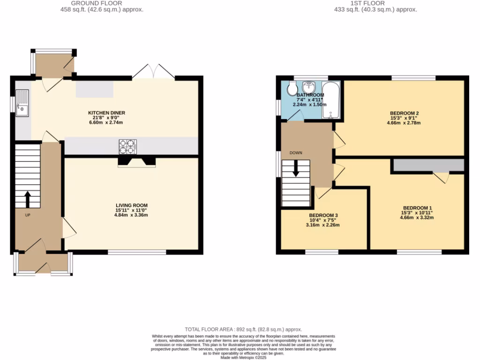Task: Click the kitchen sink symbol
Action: (x=22, y=103)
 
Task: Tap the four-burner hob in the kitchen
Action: (x=127, y=147)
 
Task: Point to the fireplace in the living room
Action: (x=136, y=162)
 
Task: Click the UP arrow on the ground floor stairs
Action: (x=27, y=199)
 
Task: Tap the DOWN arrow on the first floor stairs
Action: (x=295, y=168)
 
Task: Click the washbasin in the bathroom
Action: (x=309, y=87)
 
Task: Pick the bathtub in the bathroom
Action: (x=330, y=98)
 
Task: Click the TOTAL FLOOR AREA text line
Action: (x=243, y=330)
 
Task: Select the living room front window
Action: (x=137, y=252)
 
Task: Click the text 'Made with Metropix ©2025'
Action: (x=243, y=358)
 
